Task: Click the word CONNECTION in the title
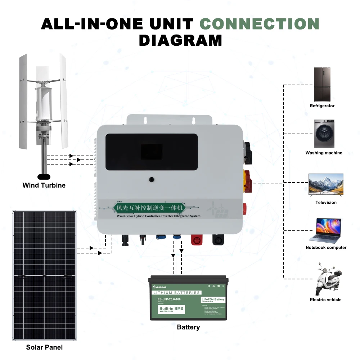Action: point(260,24)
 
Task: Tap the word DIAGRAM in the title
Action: point(180,40)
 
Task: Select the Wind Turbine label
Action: point(44,185)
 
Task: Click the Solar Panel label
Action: point(44,347)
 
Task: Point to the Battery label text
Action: point(188,327)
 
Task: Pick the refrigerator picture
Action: point(322,84)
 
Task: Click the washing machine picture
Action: point(324,134)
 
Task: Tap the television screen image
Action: point(326,184)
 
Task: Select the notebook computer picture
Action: point(325,230)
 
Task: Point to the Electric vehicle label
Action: point(325,300)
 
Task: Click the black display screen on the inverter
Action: point(152,152)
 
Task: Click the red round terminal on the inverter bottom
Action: point(197,239)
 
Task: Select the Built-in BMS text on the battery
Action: point(171,309)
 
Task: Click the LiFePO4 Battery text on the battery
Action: point(213,300)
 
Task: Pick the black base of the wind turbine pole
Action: point(44,177)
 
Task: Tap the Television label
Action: point(326,203)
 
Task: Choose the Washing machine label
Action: point(324,153)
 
